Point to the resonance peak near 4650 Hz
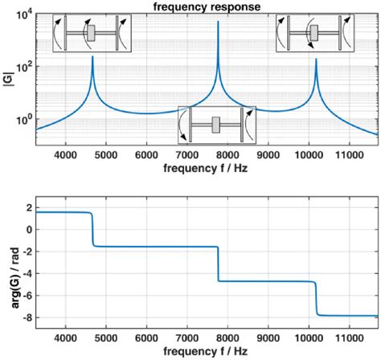tap(93, 58)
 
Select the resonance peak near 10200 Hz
tap(316, 59)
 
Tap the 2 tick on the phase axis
tap(28, 208)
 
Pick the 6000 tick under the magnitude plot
tap(146, 155)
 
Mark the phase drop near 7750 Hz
tap(217, 264)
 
